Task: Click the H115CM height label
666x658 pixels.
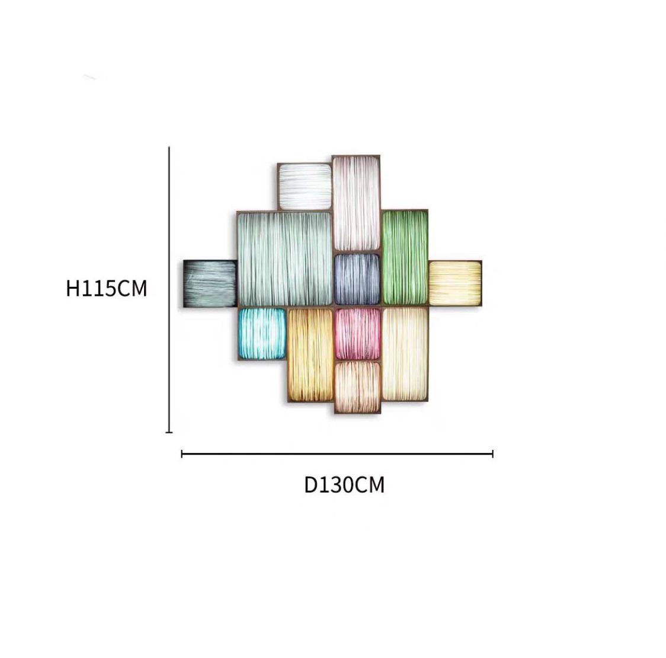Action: click(107, 288)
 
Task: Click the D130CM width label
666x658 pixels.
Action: click(344, 484)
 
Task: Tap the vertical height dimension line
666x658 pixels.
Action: click(169, 290)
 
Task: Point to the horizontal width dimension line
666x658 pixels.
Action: click(337, 454)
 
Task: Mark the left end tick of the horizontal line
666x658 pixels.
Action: click(182, 454)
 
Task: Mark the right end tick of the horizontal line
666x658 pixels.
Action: click(493, 454)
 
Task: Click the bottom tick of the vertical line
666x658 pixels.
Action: click(169, 432)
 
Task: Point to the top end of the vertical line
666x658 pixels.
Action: click(169, 147)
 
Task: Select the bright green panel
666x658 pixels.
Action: click(405, 257)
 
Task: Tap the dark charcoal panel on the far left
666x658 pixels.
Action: click(210, 283)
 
